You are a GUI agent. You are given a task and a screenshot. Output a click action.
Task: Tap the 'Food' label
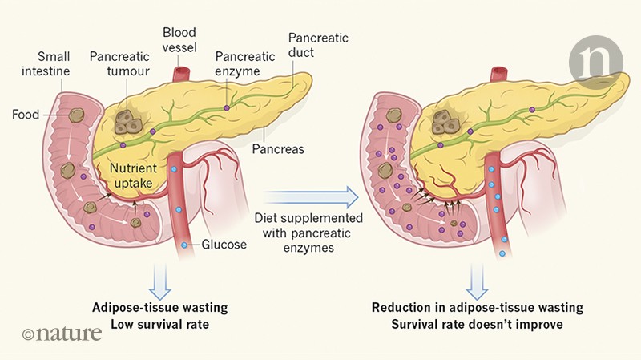click(26, 115)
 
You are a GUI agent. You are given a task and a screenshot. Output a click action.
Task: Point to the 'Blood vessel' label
click(179, 42)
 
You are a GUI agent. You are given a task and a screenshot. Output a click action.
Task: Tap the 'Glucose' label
click(224, 245)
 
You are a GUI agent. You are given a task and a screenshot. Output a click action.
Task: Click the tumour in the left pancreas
click(127, 121)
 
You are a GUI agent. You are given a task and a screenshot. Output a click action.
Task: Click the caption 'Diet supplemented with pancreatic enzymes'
click(309, 233)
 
